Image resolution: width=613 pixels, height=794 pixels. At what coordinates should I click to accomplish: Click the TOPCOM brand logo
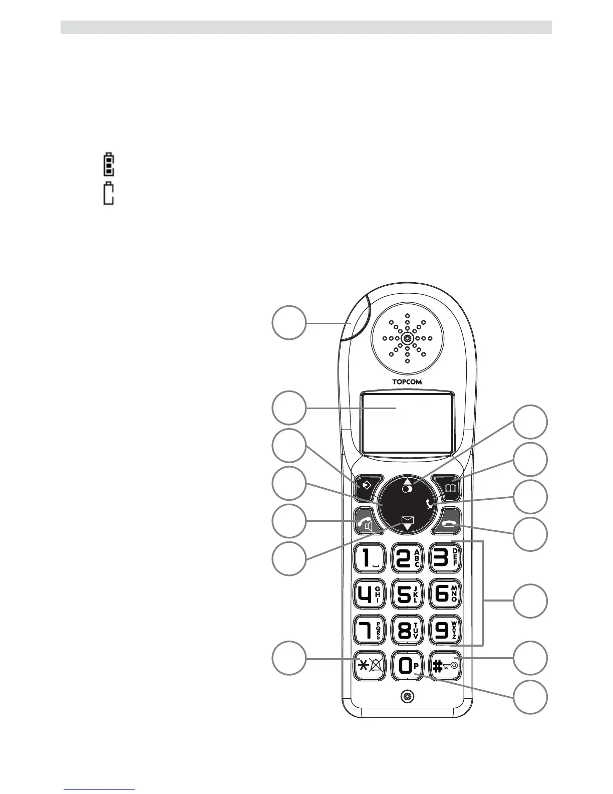[x=407, y=381]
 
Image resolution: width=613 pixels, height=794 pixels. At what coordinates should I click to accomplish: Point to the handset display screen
[x=407, y=422]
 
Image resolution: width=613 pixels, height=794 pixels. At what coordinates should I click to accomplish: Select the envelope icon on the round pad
[x=407, y=520]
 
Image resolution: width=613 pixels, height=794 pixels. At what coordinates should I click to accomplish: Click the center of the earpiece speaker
[x=407, y=338]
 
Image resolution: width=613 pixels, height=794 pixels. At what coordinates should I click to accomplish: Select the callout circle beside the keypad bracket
[x=530, y=601]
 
